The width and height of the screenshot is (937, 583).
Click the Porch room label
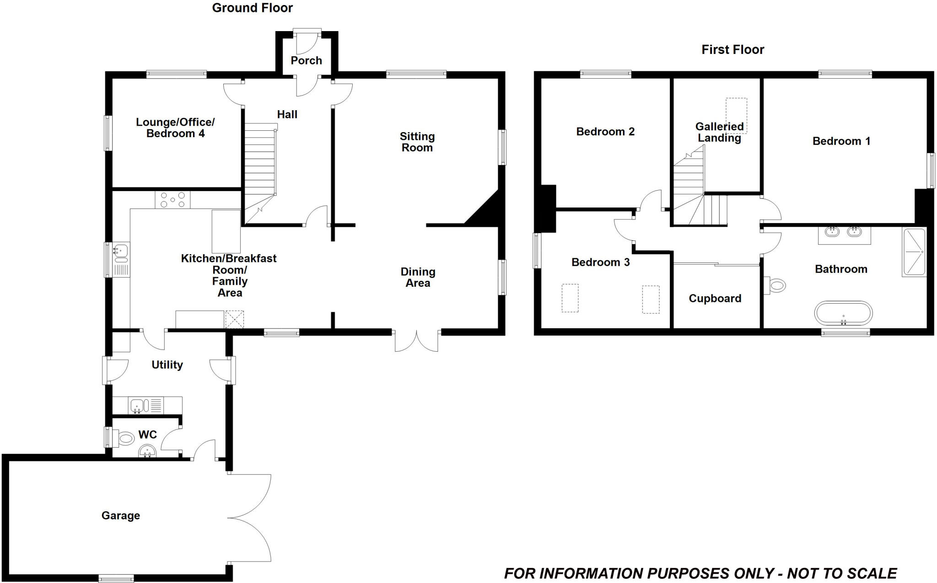tap(306, 60)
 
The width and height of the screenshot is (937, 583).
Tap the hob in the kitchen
tap(172, 199)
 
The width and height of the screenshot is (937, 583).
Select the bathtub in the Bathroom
tap(843, 314)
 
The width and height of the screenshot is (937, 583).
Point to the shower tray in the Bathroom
tap(914, 251)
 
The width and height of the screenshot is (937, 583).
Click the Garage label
tap(121, 515)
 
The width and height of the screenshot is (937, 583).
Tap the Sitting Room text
tap(417, 142)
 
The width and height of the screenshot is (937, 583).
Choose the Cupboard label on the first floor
tap(715, 299)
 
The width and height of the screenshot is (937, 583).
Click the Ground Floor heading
tap(252, 8)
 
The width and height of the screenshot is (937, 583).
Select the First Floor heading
tap(732, 49)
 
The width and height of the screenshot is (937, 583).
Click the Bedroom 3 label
tap(600, 262)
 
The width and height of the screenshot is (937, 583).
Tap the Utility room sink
tap(138, 405)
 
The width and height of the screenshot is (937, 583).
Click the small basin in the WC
tap(147, 452)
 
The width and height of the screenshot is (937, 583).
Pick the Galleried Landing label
tap(719, 132)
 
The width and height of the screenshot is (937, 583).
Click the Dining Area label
tap(418, 277)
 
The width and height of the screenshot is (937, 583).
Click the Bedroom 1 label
tap(841, 141)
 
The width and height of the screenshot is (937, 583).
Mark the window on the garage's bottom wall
tap(116, 578)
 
